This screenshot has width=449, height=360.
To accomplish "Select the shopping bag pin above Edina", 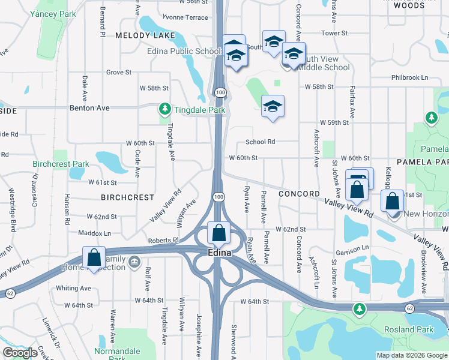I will coord(219,233).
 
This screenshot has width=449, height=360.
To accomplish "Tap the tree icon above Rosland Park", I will coord(360,308).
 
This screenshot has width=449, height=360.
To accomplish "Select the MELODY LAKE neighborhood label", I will coord(146,35).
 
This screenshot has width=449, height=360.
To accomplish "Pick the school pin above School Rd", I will coord(273,106).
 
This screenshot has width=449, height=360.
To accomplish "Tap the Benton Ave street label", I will coord(89,108).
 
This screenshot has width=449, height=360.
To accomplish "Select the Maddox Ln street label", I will coord(95,233).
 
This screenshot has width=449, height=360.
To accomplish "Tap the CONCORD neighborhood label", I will coord(298,194).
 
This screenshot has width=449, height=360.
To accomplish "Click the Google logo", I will coord(20,352).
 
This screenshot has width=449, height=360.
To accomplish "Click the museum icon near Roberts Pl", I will coord(134,261).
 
